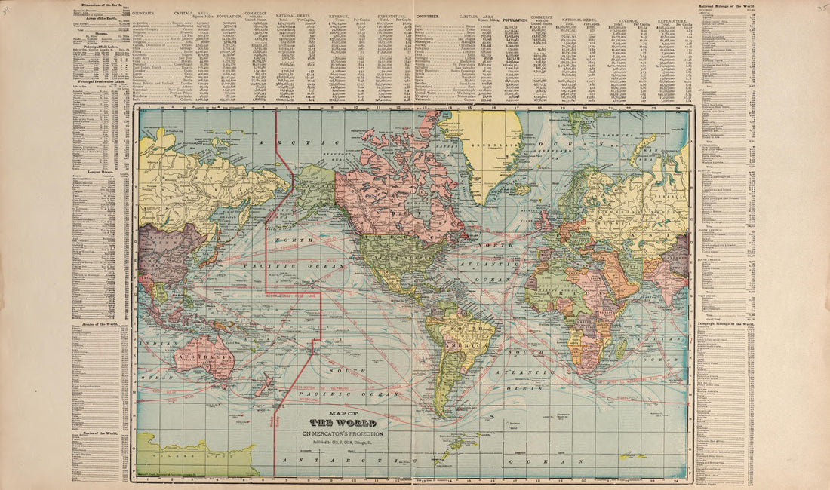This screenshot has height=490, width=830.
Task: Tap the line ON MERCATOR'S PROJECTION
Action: pyautogui.click(x=343, y=433)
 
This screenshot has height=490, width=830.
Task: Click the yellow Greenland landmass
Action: pyautogui.click(x=483, y=147)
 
